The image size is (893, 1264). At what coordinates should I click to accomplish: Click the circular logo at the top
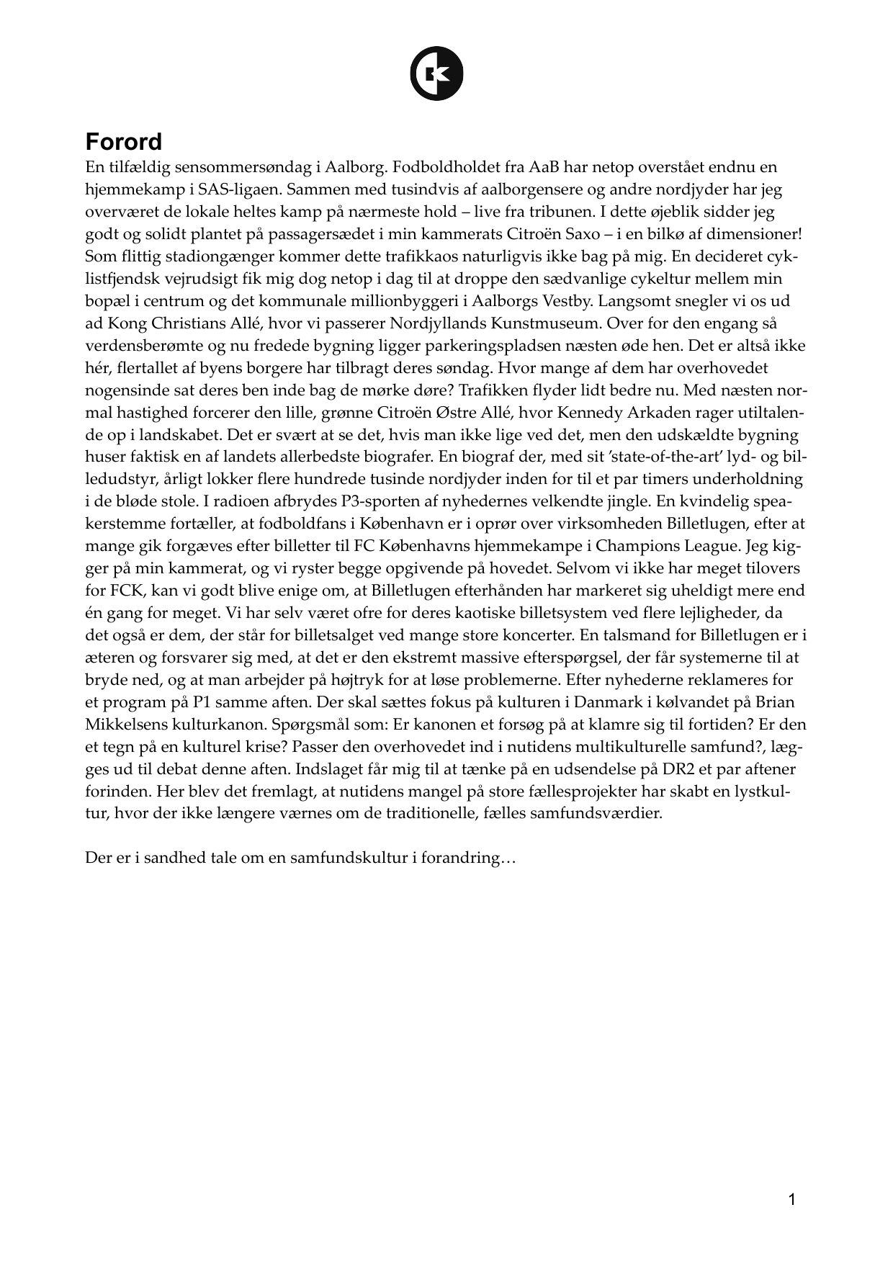[436, 73]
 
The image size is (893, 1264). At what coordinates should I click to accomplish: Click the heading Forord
[123, 141]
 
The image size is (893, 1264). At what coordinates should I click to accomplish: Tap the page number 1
[792, 1200]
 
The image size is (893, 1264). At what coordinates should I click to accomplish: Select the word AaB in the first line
[544, 168]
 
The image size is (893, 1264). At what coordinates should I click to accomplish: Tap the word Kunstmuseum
[546, 323]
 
